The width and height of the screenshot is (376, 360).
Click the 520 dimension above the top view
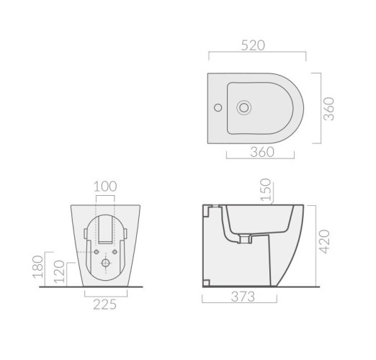coord(253,45)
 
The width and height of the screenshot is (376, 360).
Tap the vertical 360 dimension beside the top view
coord(328,109)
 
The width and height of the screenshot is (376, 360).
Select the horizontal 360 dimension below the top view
coord(262,152)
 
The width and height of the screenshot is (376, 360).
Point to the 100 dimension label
coord(105,186)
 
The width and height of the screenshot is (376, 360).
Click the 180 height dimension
coord(38,267)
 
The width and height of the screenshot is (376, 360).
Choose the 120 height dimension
coord(59,271)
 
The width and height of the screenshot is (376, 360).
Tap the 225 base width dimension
coord(105,305)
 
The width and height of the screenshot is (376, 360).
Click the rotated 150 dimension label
coord(266,189)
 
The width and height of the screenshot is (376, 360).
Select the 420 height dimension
coord(325,241)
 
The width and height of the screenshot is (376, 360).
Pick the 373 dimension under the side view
coord(243,297)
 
